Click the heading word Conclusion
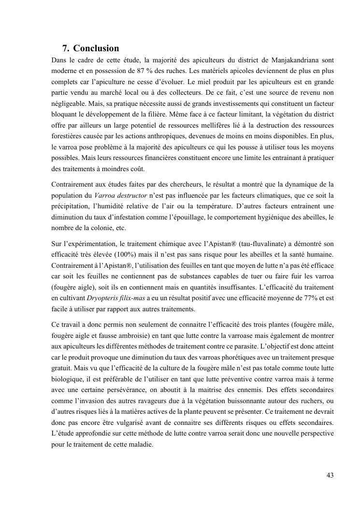pyautogui.click(x=96, y=48)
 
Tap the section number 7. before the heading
pyautogui.click(x=66, y=48)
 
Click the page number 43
pyautogui.click(x=330, y=475)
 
